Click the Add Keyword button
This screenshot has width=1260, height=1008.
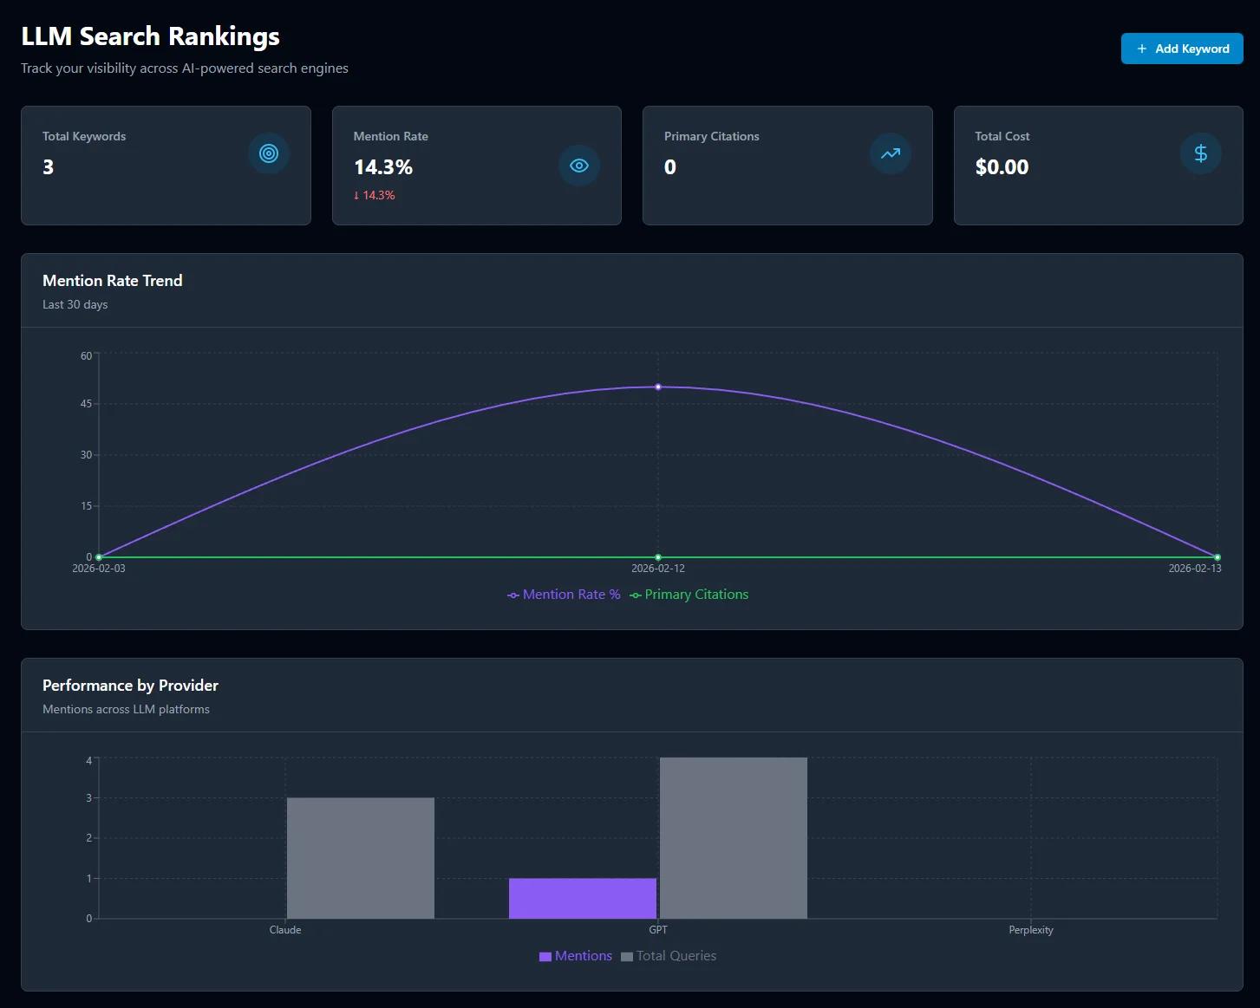(x=1181, y=49)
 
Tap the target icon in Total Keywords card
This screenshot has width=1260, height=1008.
(x=269, y=153)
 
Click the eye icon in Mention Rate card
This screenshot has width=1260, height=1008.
(x=579, y=166)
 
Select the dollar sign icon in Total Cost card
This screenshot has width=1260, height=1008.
(x=1200, y=153)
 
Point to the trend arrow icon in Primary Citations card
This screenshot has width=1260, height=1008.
(x=890, y=153)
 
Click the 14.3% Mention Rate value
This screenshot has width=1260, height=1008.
(x=383, y=166)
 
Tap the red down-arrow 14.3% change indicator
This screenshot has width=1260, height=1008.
(x=375, y=196)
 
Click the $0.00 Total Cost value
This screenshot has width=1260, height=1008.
(x=1002, y=166)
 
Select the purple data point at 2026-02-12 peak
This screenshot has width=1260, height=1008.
(x=658, y=387)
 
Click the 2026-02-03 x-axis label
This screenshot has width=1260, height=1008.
(x=99, y=569)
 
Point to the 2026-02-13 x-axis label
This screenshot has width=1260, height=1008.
(x=1194, y=569)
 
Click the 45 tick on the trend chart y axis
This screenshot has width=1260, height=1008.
(x=86, y=404)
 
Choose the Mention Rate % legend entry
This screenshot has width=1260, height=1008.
(x=565, y=595)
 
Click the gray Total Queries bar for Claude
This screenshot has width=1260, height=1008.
(x=361, y=858)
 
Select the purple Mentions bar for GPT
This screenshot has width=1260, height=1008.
(x=583, y=898)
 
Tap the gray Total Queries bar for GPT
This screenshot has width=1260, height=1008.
(x=734, y=838)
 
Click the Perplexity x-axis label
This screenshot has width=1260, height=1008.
(x=1031, y=930)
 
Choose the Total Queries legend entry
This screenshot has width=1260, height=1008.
(x=669, y=956)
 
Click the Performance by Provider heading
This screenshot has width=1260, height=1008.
(x=130, y=686)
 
